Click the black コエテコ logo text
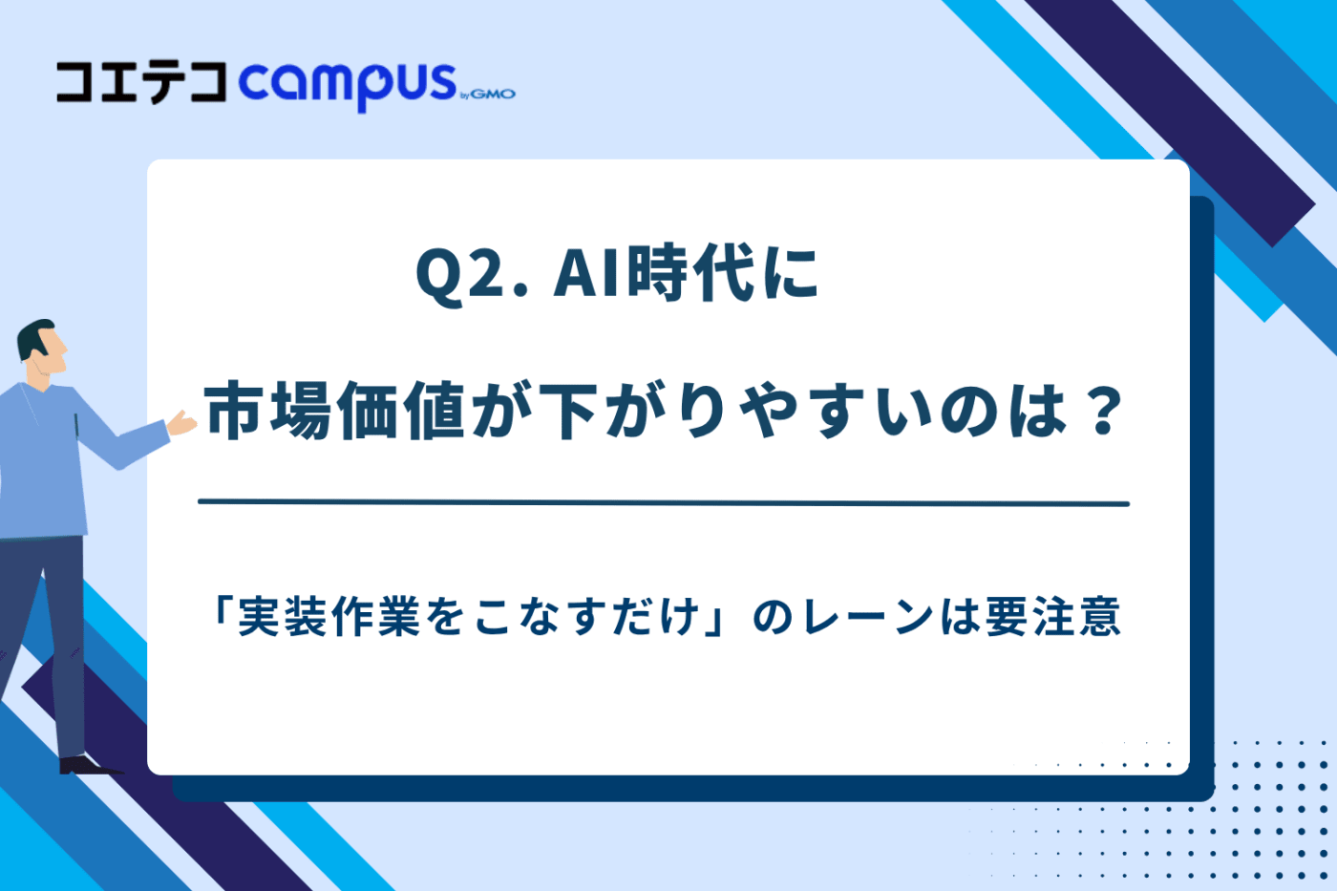pyautogui.click(x=141, y=83)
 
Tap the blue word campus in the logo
pyautogui.click(x=348, y=87)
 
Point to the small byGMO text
pyautogui.click(x=488, y=95)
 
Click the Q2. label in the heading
pyautogui.click(x=473, y=274)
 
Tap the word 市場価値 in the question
pyautogui.click(x=335, y=411)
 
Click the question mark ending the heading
pyautogui.click(x=1104, y=410)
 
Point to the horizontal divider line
pyautogui.click(x=664, y=503)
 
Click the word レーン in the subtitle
pyautogui.click(x=868, y=618)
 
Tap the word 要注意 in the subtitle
pyautogui.click(x=1052, y=617)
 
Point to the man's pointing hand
pyautogui.click(x=182, y=423)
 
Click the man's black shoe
pyautogui.click(x=90, y=765)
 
